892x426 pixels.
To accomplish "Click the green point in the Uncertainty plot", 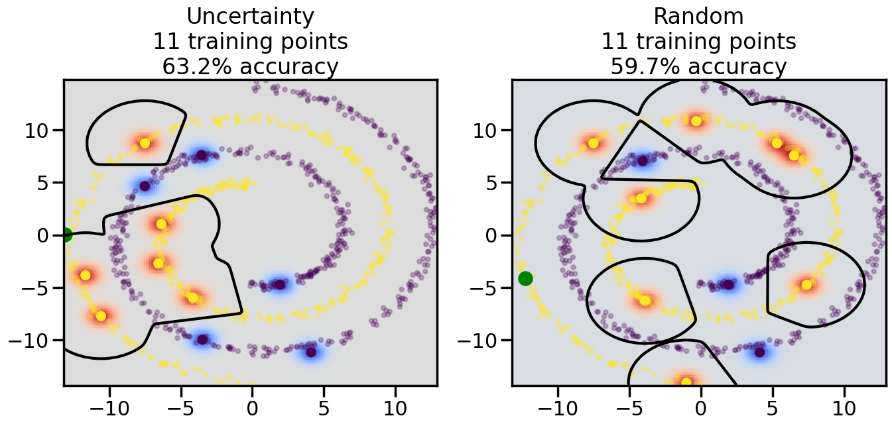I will tap(66, 235).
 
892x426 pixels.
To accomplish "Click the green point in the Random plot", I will tap(525, 278).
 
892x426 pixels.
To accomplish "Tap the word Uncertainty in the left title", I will tap(250, 16).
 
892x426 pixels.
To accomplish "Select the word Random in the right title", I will tap(698, 16).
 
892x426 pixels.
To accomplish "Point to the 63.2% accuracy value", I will tap(188, 67).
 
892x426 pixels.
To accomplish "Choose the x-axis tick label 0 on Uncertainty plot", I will tap(252, 404).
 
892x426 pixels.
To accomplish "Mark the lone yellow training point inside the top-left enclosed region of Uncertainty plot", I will tap(145, 143).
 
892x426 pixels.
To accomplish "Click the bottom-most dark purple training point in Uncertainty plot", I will tap(310, 352).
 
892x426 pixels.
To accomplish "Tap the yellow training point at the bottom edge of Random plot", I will tap(686, 382).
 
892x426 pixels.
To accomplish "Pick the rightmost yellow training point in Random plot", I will tap(806, 285).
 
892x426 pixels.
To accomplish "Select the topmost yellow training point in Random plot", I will tap(696, 121).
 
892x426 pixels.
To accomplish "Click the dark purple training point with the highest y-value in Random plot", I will tap(642, 160).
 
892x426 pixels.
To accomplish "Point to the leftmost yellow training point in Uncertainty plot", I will tap(85, 275).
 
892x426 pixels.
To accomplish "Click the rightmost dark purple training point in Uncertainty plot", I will tap(310, 352).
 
